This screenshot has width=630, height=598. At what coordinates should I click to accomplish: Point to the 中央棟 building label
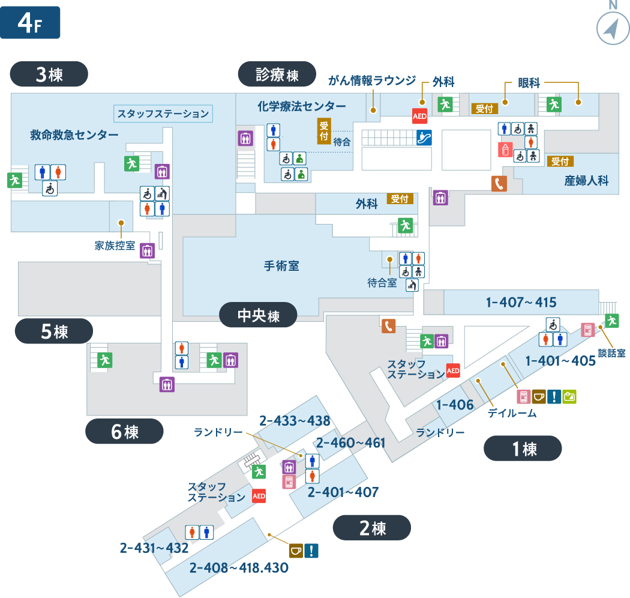tap(258, 315)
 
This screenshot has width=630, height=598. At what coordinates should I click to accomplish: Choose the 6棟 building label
tap(124, 431)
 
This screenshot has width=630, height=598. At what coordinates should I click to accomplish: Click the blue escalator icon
tap(424, 137)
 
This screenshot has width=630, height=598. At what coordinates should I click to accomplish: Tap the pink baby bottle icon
tap(505, 149)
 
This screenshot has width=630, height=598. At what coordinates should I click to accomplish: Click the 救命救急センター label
tap(74, 134)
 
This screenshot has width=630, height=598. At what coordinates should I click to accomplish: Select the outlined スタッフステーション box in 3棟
tap(163, 113)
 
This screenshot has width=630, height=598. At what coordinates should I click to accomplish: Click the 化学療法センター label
tap(301, 106)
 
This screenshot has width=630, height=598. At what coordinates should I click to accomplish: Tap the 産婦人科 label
tap(591, 180)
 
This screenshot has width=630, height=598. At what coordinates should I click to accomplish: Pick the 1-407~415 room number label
tap(521, 302)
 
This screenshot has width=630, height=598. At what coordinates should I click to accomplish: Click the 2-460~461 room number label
tap(350, 442)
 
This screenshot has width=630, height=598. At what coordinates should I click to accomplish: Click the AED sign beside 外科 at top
tap(420, 116)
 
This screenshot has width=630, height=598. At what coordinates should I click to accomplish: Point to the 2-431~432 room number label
tap(154, 548)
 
